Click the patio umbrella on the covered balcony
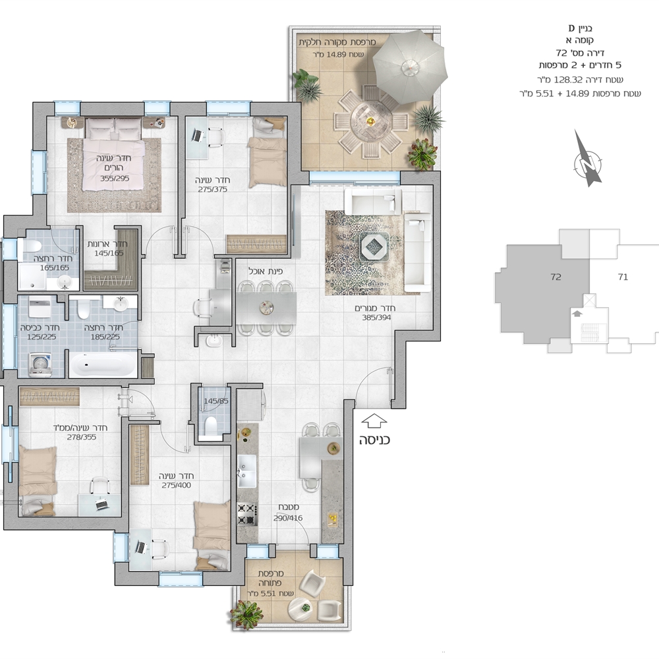click(410, 68)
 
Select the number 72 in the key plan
click(556, 277)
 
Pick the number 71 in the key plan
click(623, 277)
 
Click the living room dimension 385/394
click(376, 318)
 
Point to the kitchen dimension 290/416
click(288, 518)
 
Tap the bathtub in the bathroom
click(103, 364)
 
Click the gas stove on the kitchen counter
click(247, 514)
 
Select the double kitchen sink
click(247, 471)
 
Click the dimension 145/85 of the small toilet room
click(216, 401)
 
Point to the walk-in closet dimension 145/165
click(109, 254)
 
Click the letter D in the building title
click(571, 28)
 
